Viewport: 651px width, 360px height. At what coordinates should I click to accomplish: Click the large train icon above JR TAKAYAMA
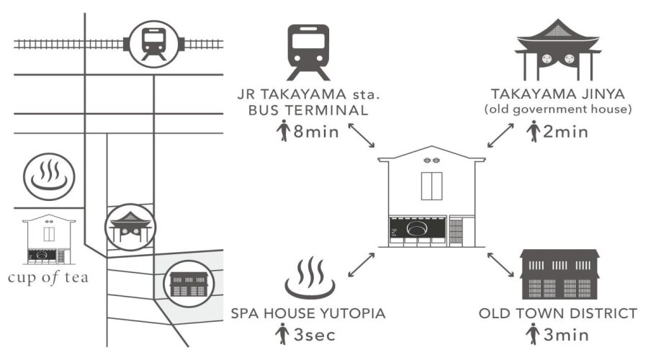(x=307, y=52)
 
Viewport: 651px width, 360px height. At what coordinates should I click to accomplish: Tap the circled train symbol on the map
(x=154, y=41)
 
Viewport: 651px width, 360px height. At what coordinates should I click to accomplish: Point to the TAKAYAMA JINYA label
(x=559, y=94)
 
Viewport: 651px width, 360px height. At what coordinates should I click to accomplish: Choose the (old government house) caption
(x=559, y=109)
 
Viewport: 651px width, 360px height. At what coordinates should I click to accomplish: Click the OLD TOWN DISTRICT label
(x=558, y=314)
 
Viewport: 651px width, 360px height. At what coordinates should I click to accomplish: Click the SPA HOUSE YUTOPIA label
(x=309, y=314)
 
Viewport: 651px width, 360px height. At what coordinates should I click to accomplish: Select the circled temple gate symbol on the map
(x=130, y=226)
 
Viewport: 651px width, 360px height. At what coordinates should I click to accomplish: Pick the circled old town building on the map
(x=178, y=282)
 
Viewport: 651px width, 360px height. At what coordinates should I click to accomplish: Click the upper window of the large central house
(x=432, y=186)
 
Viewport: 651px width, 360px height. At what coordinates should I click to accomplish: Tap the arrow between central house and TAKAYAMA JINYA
(x=501, y=135)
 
